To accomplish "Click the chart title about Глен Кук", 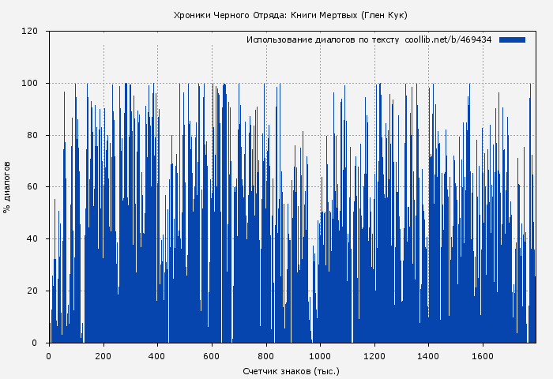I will [x=290, y=15].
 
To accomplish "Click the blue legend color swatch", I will [x=513, y=39].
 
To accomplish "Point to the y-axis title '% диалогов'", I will [x=7, y=187].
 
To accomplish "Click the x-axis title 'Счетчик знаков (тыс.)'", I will [x=291, y=370].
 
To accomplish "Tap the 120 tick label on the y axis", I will [x=31, y=32].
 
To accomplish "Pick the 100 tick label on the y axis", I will [x=31, y=84].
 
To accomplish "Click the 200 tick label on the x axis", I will [x=103, y=355].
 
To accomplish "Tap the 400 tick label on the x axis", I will [x=157, y=355].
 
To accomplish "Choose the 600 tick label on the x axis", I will [x=212, y=355].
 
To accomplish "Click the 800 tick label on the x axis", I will [x=266, y=355].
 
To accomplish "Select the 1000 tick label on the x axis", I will [x=320, y=355].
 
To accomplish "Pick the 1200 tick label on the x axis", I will [x=374, y=355].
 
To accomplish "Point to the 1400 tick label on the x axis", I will [x=428, y=355].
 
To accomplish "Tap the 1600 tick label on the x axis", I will [x=483, y=355].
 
